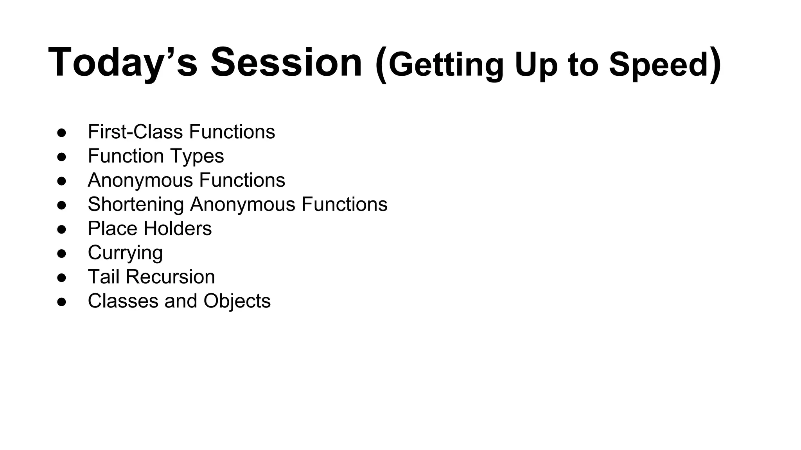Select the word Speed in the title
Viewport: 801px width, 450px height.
[x=659, y=65]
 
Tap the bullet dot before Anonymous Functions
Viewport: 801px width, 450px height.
[x=61, y=181]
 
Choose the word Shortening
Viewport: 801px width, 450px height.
[x=136, y=204]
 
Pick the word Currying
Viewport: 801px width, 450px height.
[x=125, y=253]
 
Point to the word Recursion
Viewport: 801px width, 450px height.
[x=170, y=277]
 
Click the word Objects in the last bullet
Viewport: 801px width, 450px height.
[x=237, y=301]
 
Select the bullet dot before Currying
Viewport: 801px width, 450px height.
[x=61, y=253]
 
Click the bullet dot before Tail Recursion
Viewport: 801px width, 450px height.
[x=61, y=277]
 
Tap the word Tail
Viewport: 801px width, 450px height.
[x=104, y=277]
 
